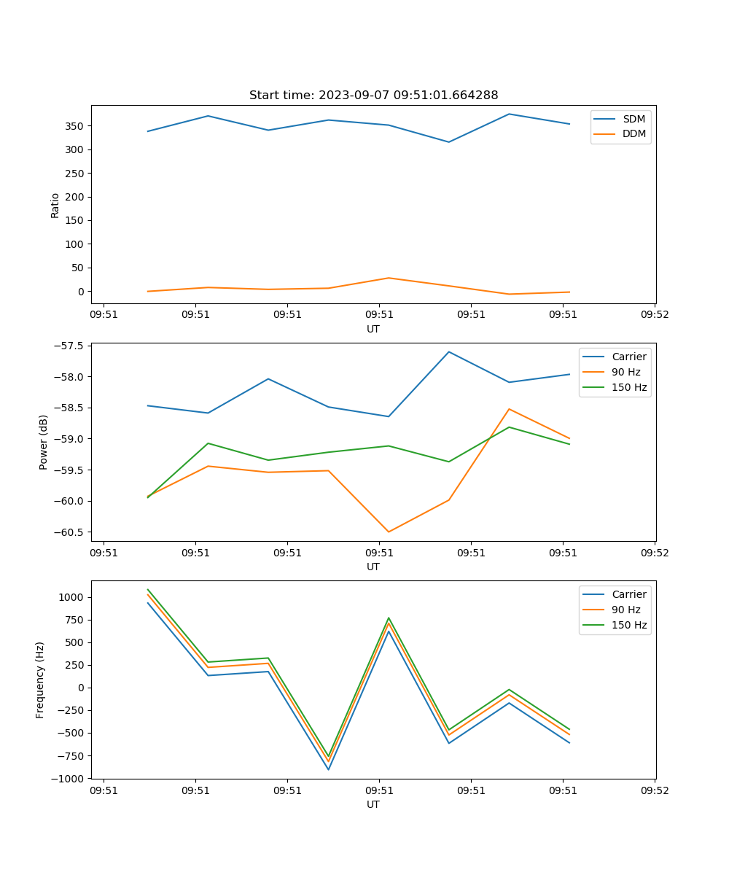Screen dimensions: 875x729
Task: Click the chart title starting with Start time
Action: pos(373,96)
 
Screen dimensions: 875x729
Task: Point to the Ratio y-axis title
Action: pos(55,204)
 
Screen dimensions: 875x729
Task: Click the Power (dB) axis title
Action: pos(44,442)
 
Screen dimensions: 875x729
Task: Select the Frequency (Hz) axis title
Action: pos(40,680)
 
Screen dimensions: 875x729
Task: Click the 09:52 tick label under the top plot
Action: pos(654,316)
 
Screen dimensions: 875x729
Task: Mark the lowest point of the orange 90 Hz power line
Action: pos(389,532)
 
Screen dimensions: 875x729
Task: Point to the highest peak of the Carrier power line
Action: pos(449,352)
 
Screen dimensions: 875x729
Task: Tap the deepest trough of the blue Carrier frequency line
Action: pos(328,769)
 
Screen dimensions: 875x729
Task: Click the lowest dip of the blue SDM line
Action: pos(449,142)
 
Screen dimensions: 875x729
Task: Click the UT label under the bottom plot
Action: pos(373,805)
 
